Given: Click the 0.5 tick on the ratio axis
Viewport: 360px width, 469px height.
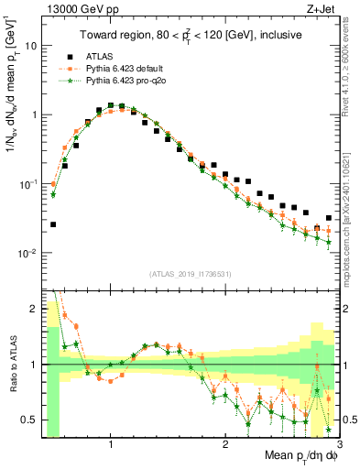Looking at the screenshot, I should pyautogui.click(x=29, y=420).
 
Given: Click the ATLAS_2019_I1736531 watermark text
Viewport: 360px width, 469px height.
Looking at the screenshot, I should pyautogui.click(x=190, y=274).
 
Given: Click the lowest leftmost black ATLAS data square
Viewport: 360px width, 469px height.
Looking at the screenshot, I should pyautogui.click(x=53, y=224).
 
